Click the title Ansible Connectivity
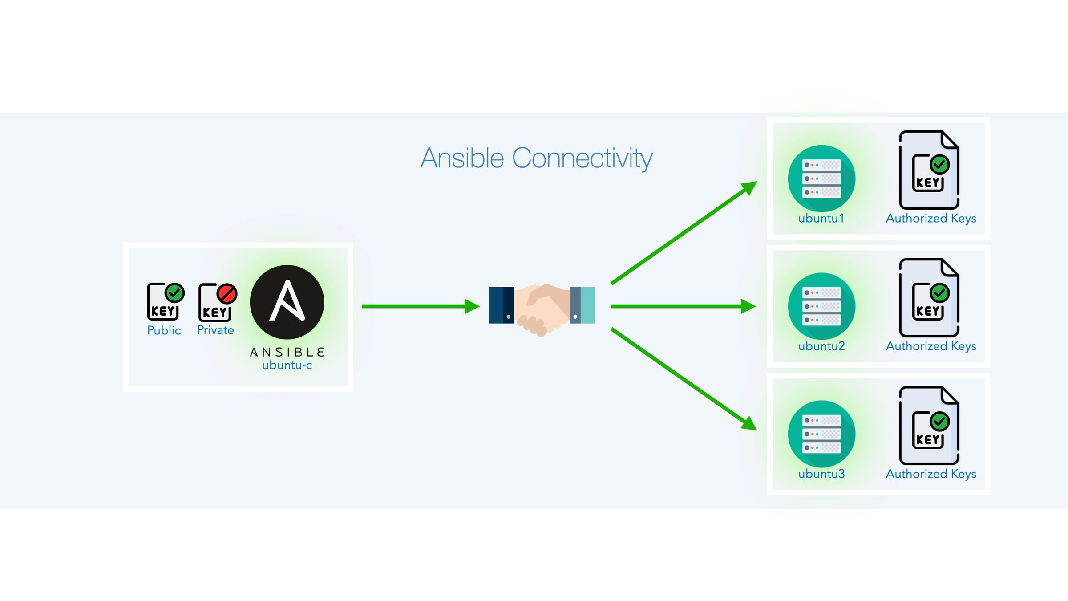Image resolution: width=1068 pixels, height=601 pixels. pyautogui.click(x=536, y=158)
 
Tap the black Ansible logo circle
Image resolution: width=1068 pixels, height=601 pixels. pyautogui.click(x=287, y=302)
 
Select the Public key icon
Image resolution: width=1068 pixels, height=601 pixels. pyautogui.click(x=164, y=303)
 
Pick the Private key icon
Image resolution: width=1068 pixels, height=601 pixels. pyautogui.click(x=215, y=304)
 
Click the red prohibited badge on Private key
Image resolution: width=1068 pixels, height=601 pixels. pyautogui.click(x=227, y=294)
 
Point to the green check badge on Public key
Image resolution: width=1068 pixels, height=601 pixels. pyautogui.click(x=174, y=293)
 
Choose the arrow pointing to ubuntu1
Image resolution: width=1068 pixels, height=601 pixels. pyautogui.click(x=684, y=232)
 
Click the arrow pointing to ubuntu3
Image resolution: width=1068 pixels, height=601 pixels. pyautogui.click(x=684, y=379)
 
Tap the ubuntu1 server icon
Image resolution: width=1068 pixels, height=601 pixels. pyautogui.click(x=821, y=179)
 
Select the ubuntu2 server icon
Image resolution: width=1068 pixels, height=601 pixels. pyautogui.click(x=821, y=306)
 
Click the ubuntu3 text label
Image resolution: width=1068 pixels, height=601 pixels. pyautogui.click(x=821, y=474)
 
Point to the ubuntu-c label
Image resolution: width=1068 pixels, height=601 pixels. pyautogui.click(x=287, y=365)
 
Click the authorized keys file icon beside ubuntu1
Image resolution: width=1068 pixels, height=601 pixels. pyautogui.click(x=929, y=170)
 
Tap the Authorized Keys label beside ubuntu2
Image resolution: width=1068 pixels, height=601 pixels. pyautogui.click(x=931, y=346)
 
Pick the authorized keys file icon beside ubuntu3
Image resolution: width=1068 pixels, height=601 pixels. pyautogui.click(x=929, y=426)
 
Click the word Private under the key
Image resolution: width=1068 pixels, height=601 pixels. pyautogui.click(x=215, y=330)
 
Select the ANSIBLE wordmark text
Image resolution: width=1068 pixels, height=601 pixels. pyautogui.click(x=287, y=352)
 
